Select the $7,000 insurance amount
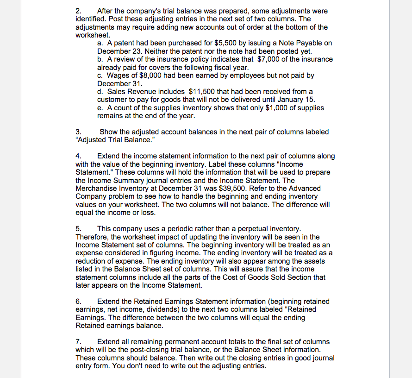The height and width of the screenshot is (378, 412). [x=267, y=59]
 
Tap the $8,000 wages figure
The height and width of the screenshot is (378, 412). [x=143, y=75]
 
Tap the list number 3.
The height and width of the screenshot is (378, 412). [x=78, y=132]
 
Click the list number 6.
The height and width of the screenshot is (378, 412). [x=78, y=302]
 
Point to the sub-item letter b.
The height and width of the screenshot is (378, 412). [x=100, y=59]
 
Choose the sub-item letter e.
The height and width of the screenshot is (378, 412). [x=100, y=107]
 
